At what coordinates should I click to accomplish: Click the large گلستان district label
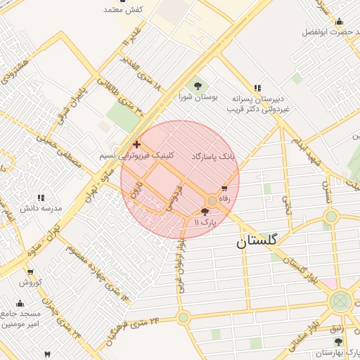[x=257, y=241]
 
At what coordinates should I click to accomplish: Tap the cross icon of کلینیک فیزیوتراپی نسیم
[x=136, y=144]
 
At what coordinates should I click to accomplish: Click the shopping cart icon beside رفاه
[x=225, y=188]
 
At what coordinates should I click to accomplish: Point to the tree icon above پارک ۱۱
[x=205, y=211]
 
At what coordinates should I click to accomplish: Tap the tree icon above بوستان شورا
[x=197, y=86]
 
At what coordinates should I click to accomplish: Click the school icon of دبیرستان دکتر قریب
[x=257, y=89]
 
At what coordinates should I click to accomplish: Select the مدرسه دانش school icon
[x=40, y=198]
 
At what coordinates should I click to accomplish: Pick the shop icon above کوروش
[x=30, y=272]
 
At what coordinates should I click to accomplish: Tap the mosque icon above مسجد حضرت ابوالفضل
[x=339, y=21]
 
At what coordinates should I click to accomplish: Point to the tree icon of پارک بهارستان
[x=338, y=341]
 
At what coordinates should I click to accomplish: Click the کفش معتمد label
[x=123, y=10]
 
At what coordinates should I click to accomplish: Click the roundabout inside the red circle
[x=212, y=201]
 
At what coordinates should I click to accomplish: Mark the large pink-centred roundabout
[x=341, y=302]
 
